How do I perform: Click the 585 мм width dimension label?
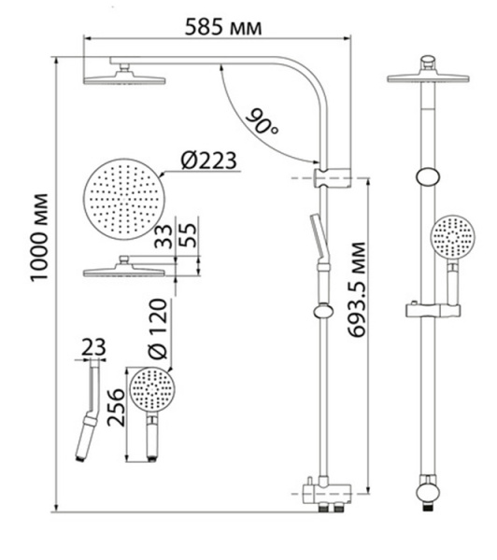click(223, 27)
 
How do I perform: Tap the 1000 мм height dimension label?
click(38, 238)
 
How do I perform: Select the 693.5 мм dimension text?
click(357, 289)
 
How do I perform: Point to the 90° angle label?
click(263, 121)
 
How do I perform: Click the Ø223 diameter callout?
click(209, 161)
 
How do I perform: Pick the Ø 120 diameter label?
click(158, 329)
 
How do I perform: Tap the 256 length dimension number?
click(116, 408)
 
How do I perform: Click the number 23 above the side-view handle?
click(93, 347)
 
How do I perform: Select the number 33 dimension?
click(163, 236)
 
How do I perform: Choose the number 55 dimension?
click(188, 235)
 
